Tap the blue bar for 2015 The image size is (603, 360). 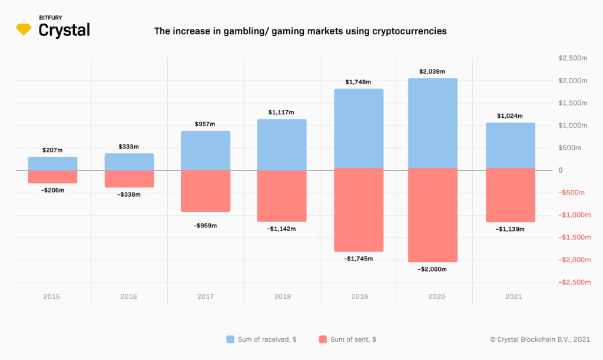click(x=53, y=163)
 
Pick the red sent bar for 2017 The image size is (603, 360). click(x=206, y=191)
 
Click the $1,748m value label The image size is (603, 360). click(x=359, y=82)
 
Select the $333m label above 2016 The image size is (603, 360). click(x=129, y=147)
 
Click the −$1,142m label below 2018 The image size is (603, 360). click(x=282, y=228)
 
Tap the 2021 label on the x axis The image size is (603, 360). click(x=513, y=296)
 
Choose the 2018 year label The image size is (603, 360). click(x=283, y=296)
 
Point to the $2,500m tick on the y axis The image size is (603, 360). click(x=572, y=58)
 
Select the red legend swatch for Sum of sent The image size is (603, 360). click(x=322, y=339)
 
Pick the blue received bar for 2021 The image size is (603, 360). click(x=511, y=146)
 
